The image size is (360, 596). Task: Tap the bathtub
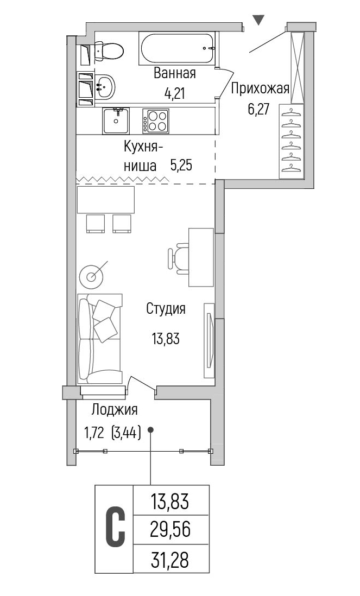(x=178, y=48)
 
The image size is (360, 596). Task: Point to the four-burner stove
(x=156, y=120)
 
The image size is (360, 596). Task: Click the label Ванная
(x=174, y=73)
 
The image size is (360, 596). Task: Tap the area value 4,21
(x=174, y=93)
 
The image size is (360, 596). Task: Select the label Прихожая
(x=261, y=88)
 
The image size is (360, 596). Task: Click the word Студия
(x=166, y=309)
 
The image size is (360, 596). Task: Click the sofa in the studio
(x=99, y=338)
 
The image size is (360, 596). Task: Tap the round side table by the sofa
(x=91, y=276)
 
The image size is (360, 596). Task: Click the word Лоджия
(x=115, y=410)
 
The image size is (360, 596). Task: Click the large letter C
(x=115, y=528)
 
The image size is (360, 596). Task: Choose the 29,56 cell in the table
(x=170, y=529)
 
